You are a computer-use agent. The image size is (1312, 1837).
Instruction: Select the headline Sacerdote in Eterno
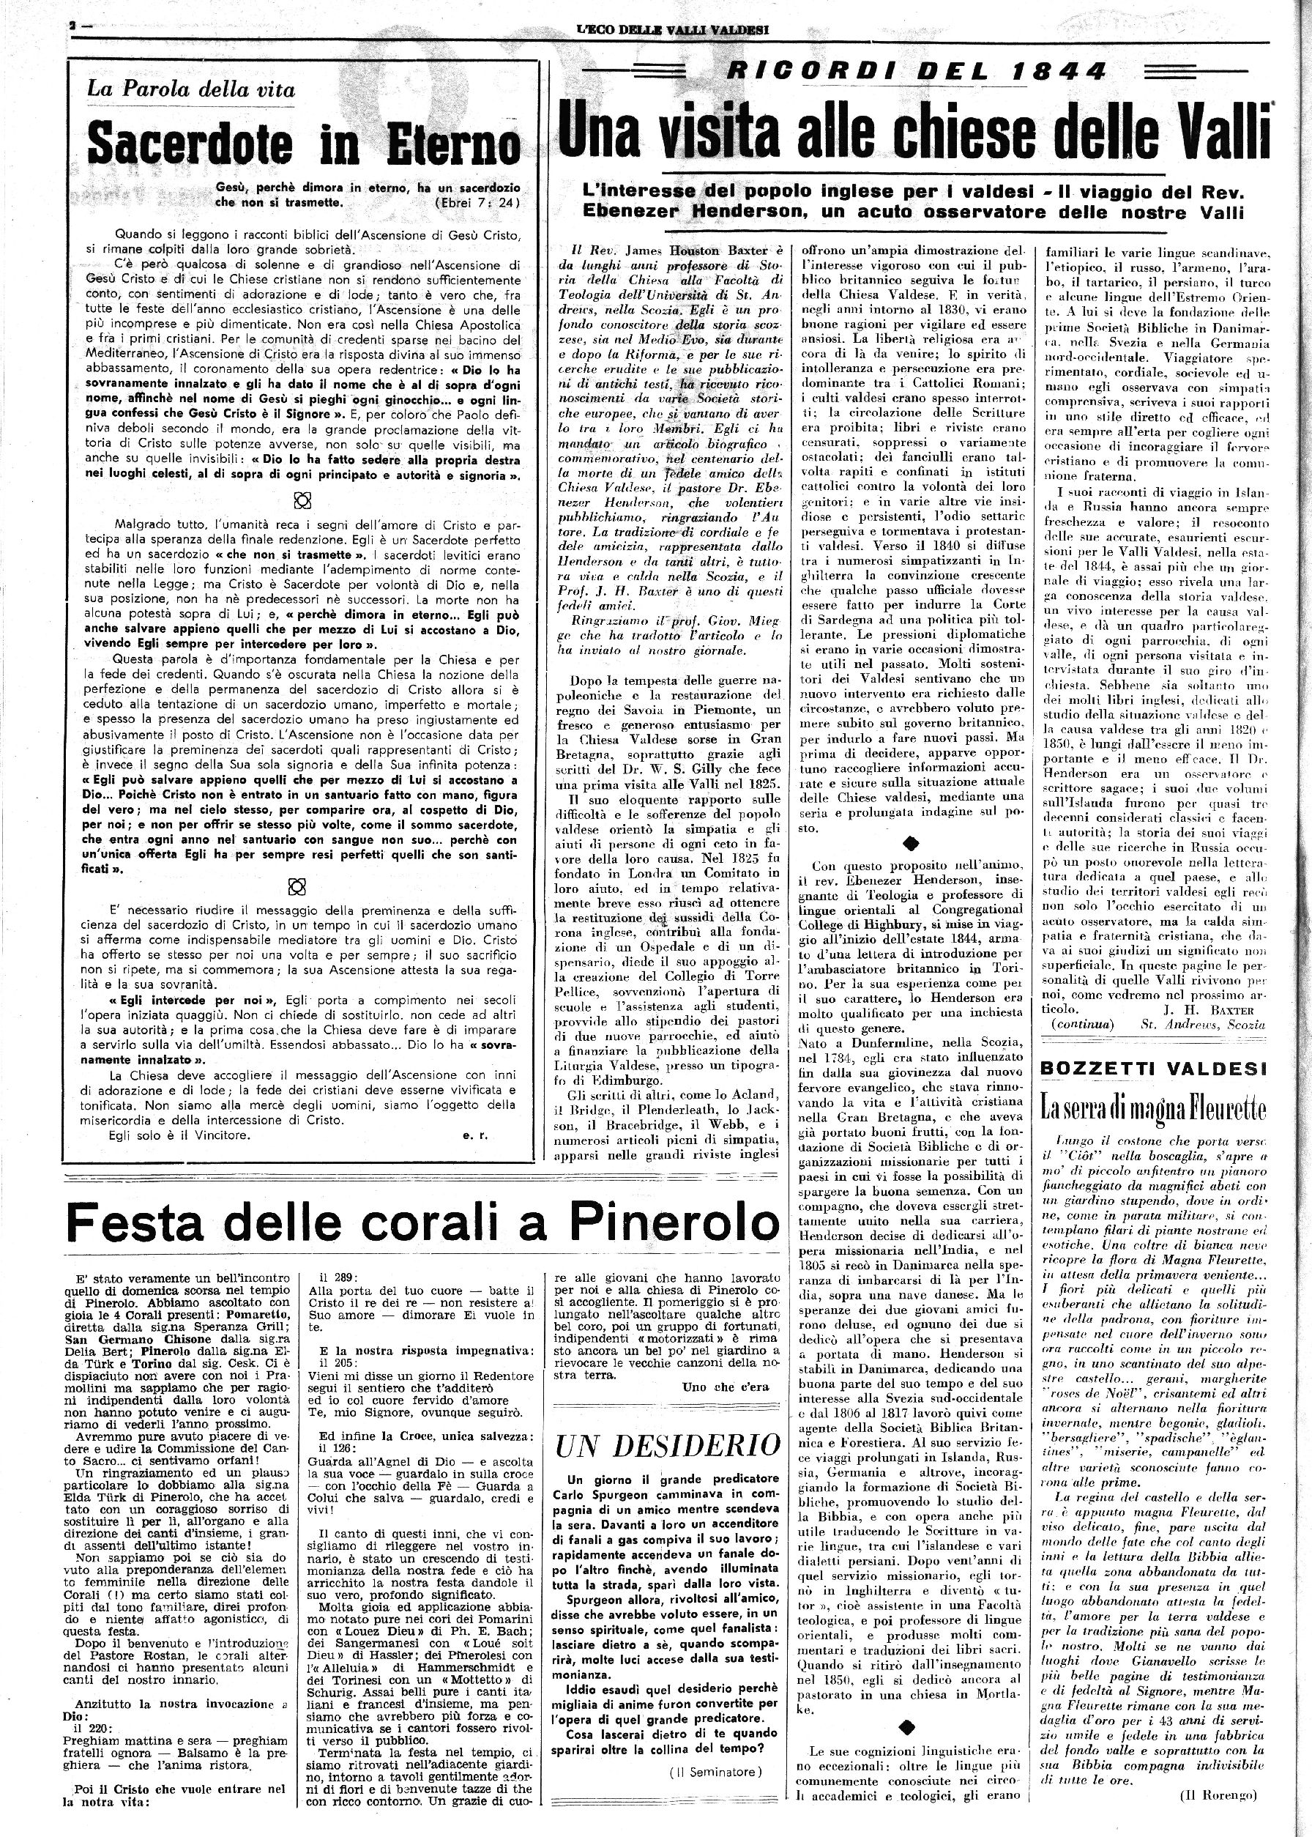click(x=304, y=144)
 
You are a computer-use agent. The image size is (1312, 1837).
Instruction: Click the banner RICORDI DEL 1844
click(x=916, y=72)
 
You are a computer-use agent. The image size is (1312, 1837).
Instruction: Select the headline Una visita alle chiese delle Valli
click(x=914, y=133)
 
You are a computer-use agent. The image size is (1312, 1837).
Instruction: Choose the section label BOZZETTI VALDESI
click(x=1153, y=1069)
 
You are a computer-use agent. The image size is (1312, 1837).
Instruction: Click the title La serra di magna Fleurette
click(x=1153, y=1107)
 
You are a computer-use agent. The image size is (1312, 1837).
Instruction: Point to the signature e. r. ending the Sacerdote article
click(x=473, y=1134)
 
